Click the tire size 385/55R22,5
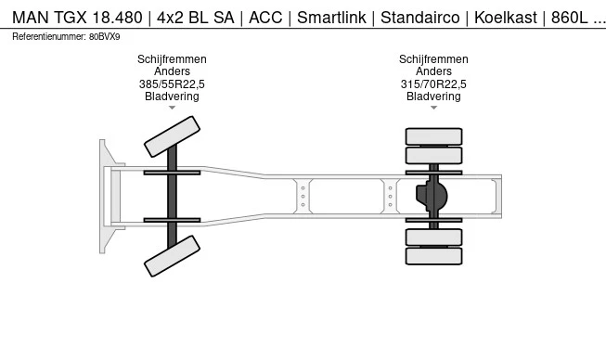[172, 84]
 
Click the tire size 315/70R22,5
[433, 84]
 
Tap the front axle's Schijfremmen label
[172, 59]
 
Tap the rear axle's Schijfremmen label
[433, 59]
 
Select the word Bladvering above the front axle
[172, 96]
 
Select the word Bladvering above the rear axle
[433, 96]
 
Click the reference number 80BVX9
[105, 36]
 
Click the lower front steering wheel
[172, 256]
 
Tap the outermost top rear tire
[433, 135]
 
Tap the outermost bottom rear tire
[433, 255]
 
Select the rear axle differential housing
[433, 196]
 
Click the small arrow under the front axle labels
[172, 109]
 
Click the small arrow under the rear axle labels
[433, 109]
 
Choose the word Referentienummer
[48, 36]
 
